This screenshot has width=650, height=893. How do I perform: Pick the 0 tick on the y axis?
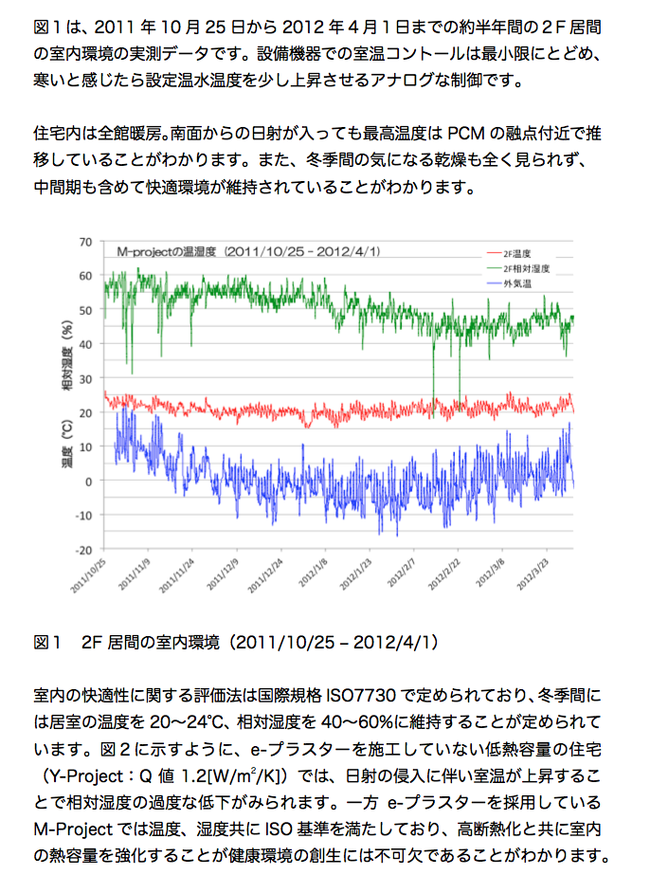point(89,482)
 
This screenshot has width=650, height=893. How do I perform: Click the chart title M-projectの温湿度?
point(169,253)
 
